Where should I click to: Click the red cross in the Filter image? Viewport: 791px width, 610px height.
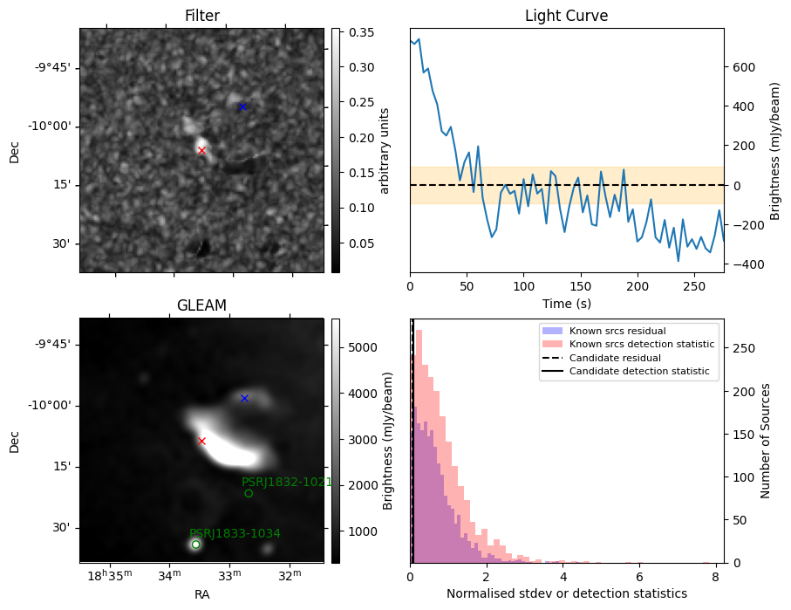click(201, 150)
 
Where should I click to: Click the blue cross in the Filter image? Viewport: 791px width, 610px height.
click(242, 106)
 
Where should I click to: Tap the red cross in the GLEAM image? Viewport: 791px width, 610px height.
click(201, 442)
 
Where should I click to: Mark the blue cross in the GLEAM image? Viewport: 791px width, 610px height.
click(245, 399)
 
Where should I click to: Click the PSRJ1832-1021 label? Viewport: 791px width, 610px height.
click(287, 482)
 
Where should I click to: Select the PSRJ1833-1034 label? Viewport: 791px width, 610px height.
click(235, 533)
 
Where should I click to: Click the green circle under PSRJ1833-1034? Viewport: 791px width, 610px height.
click(195, 545)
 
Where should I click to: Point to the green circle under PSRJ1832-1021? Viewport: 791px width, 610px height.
click(249, 493)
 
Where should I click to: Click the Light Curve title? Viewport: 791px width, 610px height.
click(567, 16)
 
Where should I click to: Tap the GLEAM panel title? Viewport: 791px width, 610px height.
click(201, 305)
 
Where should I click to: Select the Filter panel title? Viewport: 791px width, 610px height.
click(202, 16)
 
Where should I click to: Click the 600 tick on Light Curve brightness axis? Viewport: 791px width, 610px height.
click(744, 68)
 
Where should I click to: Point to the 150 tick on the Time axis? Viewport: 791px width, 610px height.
click(581, 286)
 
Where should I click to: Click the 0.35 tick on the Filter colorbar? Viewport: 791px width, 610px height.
click(362, 32)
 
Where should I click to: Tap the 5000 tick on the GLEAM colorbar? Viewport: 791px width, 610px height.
click(363, 347)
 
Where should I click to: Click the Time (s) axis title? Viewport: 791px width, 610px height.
click(567, 304)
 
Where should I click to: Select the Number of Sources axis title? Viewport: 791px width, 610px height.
click(765, 441)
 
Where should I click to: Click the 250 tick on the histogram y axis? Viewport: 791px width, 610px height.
click(744, 348)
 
